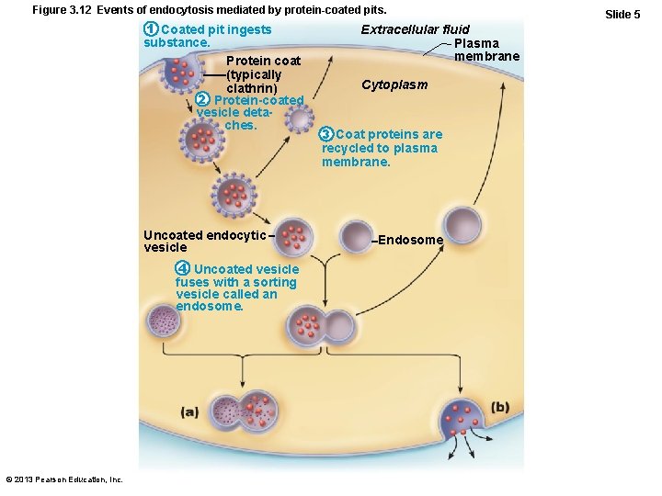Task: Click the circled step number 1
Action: pyautogui.click(x=152, y=30)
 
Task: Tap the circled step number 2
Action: pyautogui.click(x=204, y=99)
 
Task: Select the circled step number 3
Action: pyautogui.click(x=326, y=134)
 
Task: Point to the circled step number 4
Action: pyautogui.click(x=183, y=268)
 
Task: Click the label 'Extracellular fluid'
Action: pyautogui.click(x=415, y=30)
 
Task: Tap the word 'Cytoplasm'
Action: pyautogui.click(x=394, y=85)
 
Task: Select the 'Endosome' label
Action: pyautogui.click(x=410, y=241)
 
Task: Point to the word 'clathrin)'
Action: pyautogui.click(x=254, y=87)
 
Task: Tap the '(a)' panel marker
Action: pyautogui.click(x=190, y=412)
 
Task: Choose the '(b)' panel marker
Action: pyautogui.click(x=500, y=407)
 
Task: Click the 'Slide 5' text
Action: pyautogui.click(x=622, y=15)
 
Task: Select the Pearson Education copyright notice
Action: pyautogui.click(x=64, y=479)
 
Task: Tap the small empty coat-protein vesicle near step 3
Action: pyautogui.click(x=299, y=118)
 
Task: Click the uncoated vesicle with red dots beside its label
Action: pyautogui.click(x=295, y=237)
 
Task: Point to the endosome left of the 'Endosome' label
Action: pyautogui.click(x=355, y=235)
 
